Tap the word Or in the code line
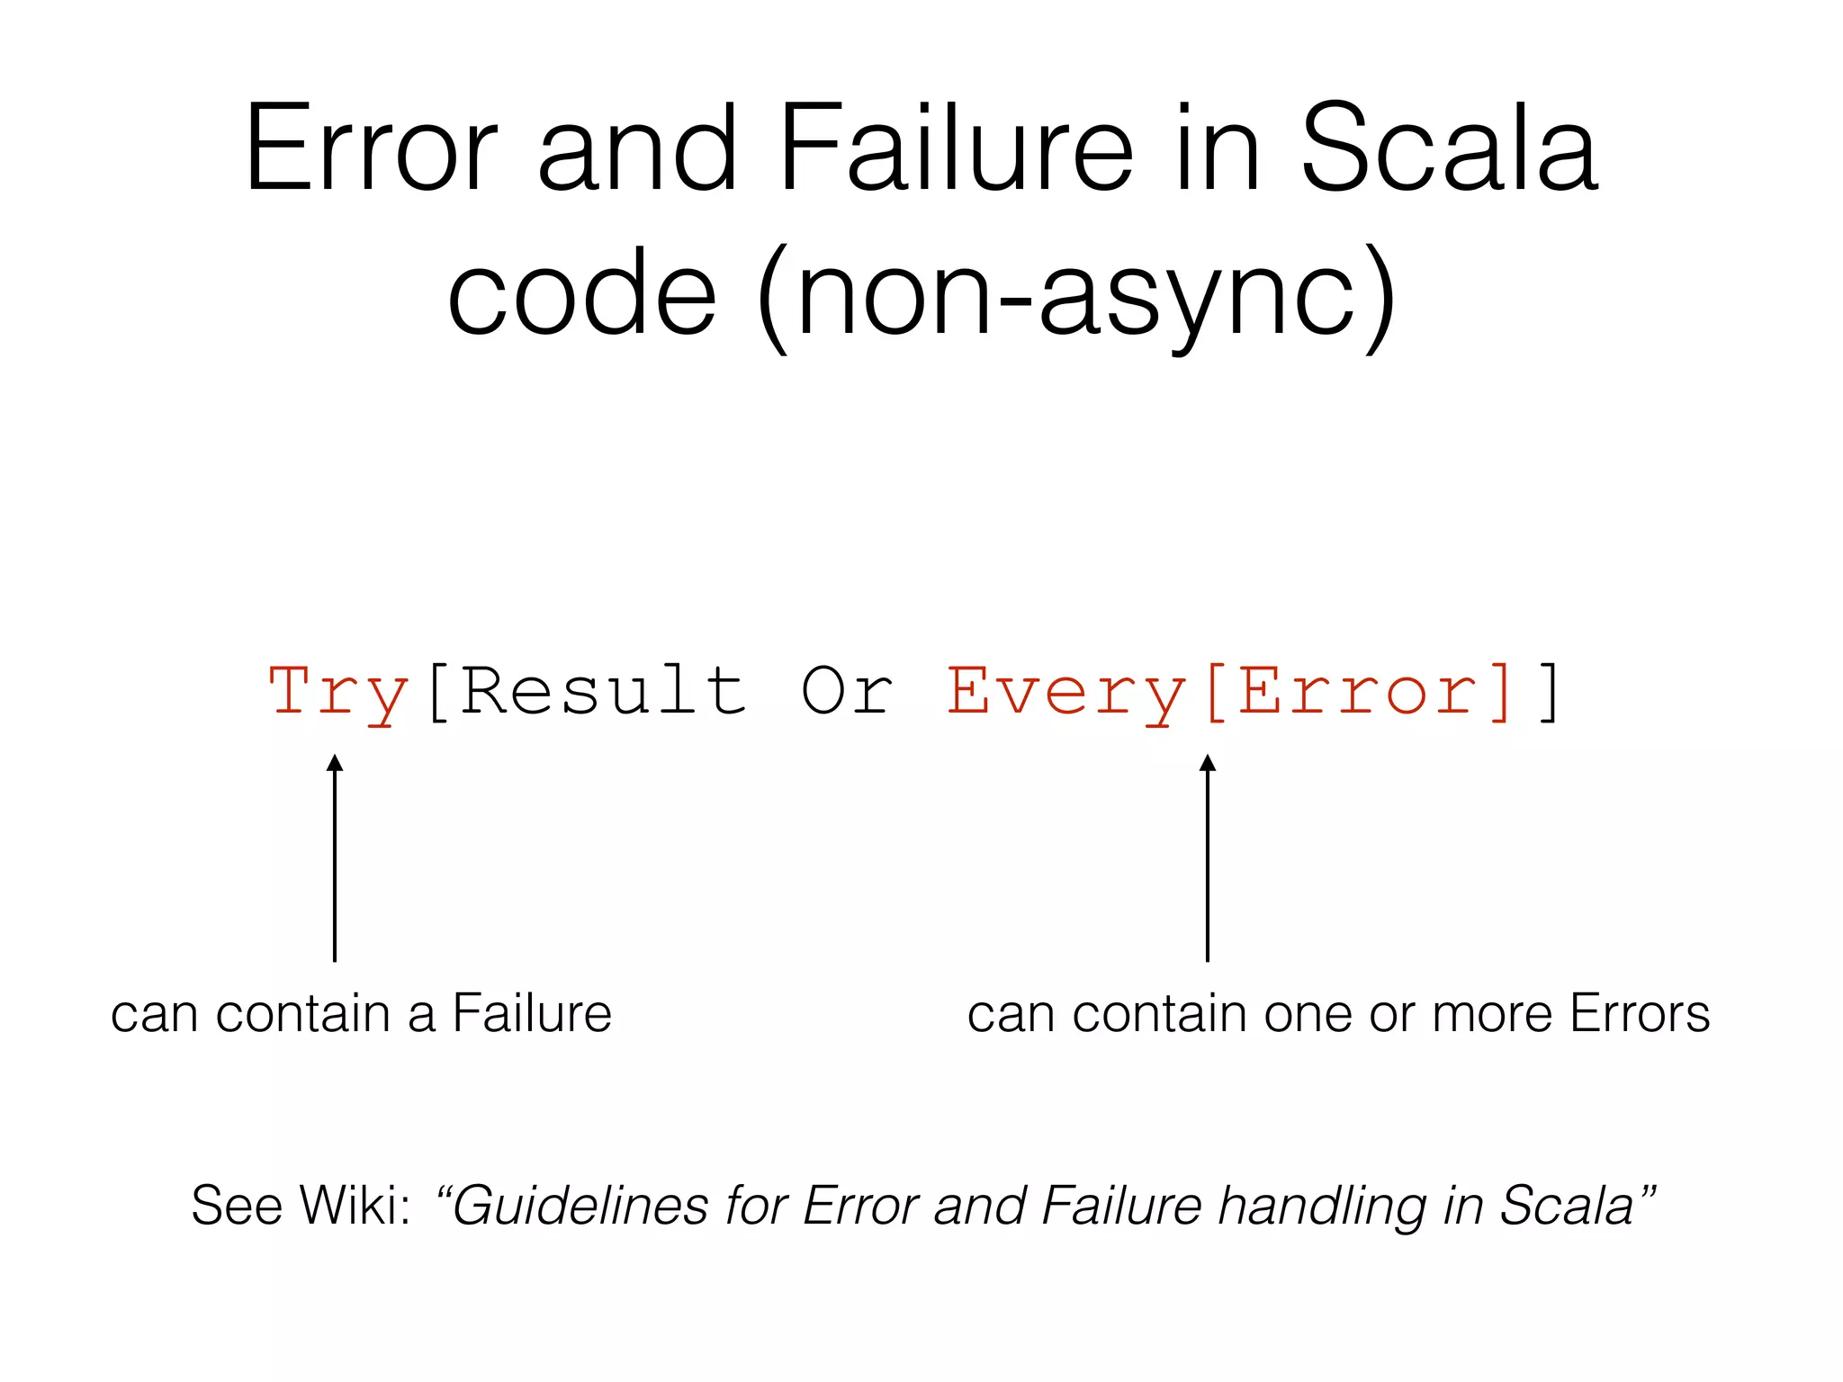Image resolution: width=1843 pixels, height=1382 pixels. click(x=847, y=691)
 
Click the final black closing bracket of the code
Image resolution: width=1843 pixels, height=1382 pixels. click(x=1550, y=691)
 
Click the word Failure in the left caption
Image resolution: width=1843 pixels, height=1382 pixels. click(x=532, y=1013)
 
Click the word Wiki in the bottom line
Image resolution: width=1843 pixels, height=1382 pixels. click(x=355, y=1205)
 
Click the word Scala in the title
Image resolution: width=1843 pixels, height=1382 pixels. click(x=1449, y=148)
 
